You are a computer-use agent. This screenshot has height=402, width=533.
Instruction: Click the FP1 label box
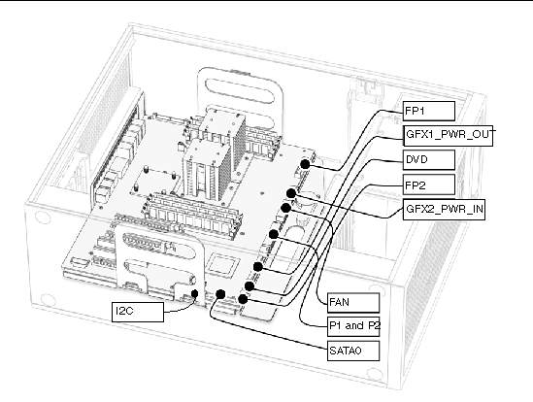(429, 111)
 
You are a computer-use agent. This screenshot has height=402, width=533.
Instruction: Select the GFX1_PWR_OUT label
(448, 136)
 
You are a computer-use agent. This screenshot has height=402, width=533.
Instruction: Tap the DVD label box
(429, 160)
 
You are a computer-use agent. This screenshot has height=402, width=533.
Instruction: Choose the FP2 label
(429, 184)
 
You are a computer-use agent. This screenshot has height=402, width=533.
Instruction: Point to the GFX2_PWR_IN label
(444, 210)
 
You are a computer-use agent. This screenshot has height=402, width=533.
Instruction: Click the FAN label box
(353, 302)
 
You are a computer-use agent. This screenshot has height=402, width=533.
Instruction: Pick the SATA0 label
(353, 351)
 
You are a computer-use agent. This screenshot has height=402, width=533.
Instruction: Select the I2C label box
(138, 312)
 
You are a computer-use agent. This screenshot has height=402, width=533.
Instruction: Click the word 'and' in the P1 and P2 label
(353, 326)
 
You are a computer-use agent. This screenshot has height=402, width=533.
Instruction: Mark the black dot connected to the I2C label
(195, 293)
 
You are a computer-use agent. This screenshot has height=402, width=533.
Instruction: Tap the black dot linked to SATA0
(220, 294)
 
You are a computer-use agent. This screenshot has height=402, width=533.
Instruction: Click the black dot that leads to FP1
(305, 164)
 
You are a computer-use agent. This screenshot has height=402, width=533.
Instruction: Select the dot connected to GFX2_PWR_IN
(291, 193)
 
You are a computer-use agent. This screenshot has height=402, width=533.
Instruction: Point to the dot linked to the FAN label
(274, 234)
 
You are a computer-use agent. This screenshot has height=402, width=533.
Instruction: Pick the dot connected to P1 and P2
(285, 208)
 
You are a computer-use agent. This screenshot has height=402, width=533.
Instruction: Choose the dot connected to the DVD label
(250, 286)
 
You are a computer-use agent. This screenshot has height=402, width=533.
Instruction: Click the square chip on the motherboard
(221, 264)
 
